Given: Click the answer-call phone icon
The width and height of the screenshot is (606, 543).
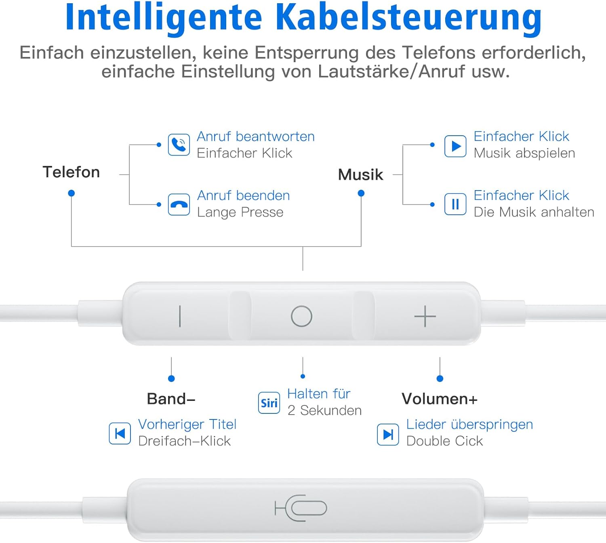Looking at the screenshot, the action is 179,145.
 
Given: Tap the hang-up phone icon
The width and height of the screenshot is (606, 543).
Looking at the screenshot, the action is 179,205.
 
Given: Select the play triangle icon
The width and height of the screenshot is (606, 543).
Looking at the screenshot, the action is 455,146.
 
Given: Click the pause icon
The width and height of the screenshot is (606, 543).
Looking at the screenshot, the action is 455,205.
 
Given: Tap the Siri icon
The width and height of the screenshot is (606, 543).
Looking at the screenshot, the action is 269,403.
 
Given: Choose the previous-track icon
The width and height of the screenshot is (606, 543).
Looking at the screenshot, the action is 120,433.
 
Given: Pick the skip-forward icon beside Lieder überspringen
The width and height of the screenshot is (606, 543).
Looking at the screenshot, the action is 388,434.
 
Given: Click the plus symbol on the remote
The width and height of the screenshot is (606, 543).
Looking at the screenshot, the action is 425,316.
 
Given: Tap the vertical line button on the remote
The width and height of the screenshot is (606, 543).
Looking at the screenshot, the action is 180,316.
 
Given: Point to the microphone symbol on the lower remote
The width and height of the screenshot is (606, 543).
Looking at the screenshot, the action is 301,508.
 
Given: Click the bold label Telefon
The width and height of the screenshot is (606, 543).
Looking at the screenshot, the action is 71,172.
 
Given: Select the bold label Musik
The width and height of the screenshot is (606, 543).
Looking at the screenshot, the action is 360,174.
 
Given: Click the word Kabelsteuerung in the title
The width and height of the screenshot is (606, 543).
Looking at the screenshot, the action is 408,19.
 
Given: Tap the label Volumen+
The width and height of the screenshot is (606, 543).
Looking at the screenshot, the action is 440,398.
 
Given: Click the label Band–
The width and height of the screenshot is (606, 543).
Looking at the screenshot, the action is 171,398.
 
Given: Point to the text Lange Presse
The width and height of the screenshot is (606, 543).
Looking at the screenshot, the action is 240,212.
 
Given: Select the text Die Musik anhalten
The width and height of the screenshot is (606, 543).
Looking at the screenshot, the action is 534,212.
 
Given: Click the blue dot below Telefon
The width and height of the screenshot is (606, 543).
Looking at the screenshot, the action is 71,193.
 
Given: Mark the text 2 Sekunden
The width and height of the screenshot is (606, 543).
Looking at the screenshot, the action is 324,410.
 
